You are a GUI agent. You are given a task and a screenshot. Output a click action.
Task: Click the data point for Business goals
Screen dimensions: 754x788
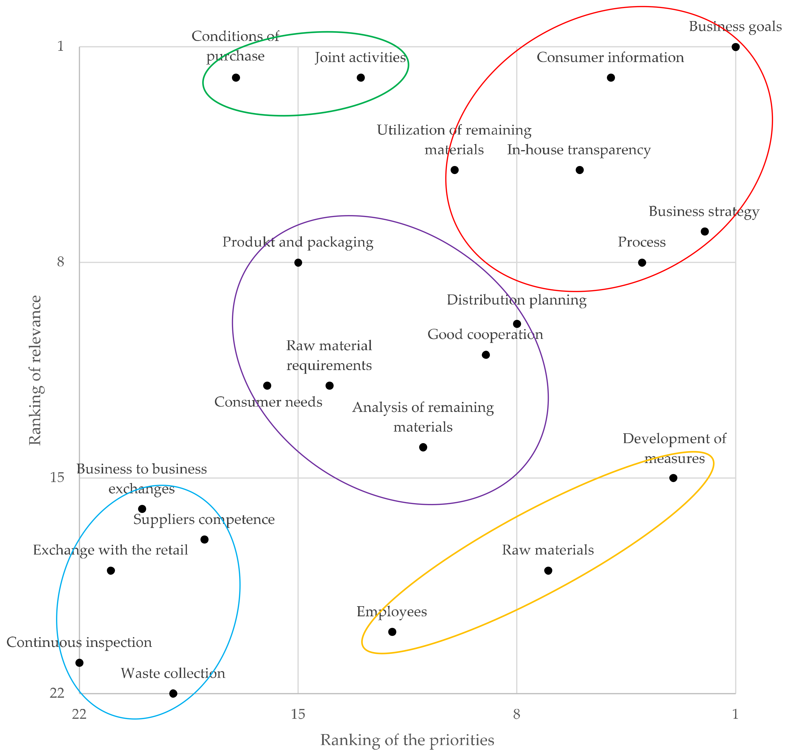[x=735, y=47]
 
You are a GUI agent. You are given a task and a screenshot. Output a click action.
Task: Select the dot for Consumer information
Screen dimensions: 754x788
[x=611, y=78]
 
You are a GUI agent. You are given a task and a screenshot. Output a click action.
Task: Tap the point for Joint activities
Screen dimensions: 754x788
[x=360, y=78]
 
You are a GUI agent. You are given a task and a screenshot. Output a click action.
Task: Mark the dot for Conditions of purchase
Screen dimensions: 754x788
[x=236, y=78]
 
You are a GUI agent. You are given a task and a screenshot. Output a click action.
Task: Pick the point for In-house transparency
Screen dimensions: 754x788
[x=579, y=170]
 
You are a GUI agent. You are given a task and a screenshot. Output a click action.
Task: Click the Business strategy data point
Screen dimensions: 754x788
[x=704, y=232]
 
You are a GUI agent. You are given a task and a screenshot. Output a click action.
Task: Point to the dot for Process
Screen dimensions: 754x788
[x=642, y=262]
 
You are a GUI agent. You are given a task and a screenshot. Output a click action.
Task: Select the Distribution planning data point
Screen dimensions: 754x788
[x=517, y=324]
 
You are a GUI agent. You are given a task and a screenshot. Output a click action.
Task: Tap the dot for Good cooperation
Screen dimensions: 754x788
[x=486, y=355]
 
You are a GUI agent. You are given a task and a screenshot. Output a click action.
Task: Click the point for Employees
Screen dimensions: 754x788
[x=392, y=632]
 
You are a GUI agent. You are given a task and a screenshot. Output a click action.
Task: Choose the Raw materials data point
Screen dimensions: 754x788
[x=548, y=570]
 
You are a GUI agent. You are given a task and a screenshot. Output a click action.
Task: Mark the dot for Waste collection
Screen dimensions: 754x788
[x=173, y=693]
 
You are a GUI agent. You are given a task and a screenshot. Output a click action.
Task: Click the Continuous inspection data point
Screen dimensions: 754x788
[x=80, y=663]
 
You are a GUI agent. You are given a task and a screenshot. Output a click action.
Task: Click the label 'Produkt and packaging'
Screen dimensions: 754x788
[x=298, y=242]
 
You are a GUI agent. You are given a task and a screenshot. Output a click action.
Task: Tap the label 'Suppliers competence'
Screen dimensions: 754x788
[x=204, y=519]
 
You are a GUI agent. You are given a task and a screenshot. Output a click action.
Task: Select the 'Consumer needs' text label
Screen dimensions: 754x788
[x=268, y=402]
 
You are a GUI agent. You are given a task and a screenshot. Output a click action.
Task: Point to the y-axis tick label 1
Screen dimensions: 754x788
[x=60, y=46]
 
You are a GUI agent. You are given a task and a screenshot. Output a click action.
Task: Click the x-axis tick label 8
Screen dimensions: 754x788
[x=517, y=714]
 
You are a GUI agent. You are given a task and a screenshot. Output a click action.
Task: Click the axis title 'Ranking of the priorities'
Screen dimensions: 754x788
[x=407, y=740]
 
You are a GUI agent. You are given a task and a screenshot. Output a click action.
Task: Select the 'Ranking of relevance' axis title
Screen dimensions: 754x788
[x=35, y=370]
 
